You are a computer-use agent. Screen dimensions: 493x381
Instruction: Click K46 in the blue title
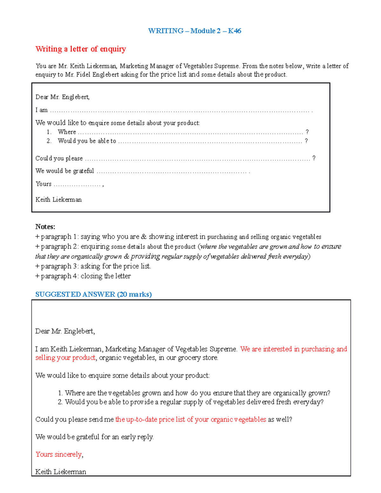[x=234, y=31]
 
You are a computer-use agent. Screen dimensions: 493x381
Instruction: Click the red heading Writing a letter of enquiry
[x=81, y=49]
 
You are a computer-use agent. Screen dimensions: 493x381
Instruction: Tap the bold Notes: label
[x=45, y=227]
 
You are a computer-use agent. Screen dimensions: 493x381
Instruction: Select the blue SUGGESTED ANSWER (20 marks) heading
[x=93, y=294]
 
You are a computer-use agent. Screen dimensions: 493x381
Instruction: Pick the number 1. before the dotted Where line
[x=49, y=132]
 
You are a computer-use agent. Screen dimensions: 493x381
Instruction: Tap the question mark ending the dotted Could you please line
[x=314, y=158]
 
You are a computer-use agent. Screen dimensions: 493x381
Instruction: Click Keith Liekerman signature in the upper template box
[x=58, y=200]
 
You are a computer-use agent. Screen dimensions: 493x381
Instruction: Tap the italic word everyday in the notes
[x=295, y=256]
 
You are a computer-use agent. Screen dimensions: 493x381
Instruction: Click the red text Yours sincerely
[x=58, y=454]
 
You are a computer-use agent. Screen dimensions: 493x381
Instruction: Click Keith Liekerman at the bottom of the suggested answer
[x=61, y=472]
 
